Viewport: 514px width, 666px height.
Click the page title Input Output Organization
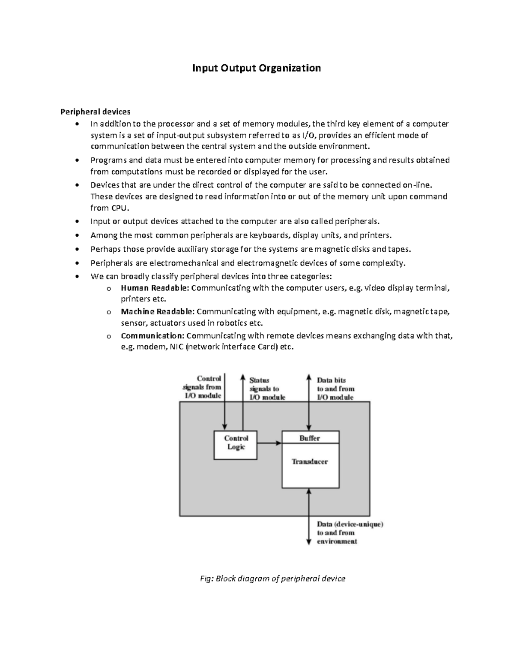coord(256,68)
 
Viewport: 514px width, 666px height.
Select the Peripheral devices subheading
coord(95,112)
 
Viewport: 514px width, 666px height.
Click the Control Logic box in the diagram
coord(236,445)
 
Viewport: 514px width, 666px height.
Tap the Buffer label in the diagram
coord(310,438)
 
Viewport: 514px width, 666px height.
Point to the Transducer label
coord(310,462)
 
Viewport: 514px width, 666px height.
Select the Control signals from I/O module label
coord(203,387)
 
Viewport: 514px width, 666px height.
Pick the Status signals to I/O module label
coord(267,389)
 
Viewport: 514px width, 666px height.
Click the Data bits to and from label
coord(335,389)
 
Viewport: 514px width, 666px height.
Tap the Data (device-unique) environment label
coord(350,533)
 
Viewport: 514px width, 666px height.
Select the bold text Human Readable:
coord(155,288)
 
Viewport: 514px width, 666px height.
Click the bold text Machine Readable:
coord(157,311)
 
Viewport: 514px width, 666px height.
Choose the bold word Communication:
coord(152,335)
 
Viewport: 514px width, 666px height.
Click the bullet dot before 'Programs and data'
coord(77,160)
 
